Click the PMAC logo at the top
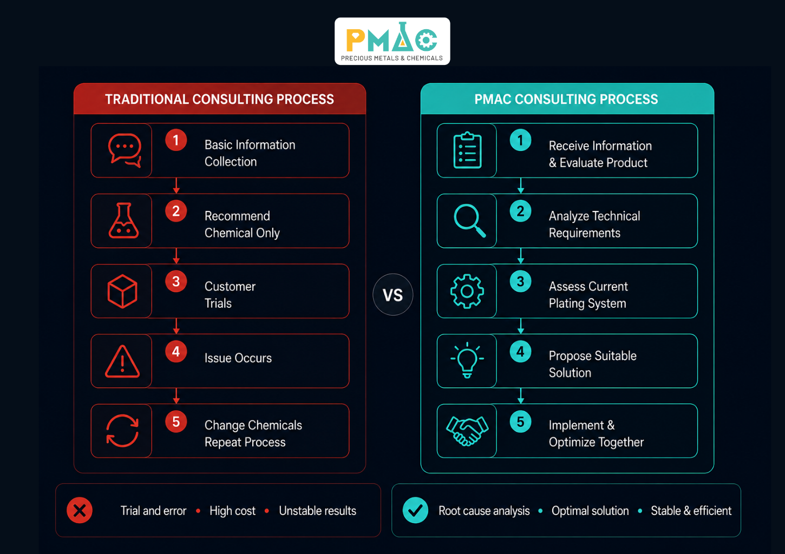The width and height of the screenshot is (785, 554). tap(392, 41)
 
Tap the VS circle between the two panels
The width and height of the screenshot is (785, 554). tap(393, 294)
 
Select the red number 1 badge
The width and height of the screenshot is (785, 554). tap(176, 141)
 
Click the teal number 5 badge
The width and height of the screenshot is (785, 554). tap(520, 421)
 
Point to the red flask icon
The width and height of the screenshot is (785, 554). tap(123, 221)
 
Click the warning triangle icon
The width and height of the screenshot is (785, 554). tap(122, 361)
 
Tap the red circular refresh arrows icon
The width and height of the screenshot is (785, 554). tap(122, 431)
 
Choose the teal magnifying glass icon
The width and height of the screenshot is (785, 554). tap(469, 221)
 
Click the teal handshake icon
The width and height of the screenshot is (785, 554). tap(467, 431)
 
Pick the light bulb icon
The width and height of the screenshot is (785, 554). tap(467, 360)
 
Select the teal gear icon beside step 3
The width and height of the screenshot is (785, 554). tap(467, 292)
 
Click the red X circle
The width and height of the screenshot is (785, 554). tap(80, 510)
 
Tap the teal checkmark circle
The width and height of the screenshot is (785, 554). tap(415, 510)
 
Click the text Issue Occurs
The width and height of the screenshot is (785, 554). tap(238, 358)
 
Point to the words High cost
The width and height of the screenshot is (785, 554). tap(232, 511)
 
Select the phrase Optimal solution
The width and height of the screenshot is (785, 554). tap(590, 511)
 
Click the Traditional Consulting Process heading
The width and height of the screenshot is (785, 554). tap(219, 99)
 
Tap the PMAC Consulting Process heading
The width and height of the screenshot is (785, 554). tap(566, 99)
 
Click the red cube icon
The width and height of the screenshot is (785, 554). tap(122, 292)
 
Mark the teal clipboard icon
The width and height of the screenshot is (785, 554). tap(468, 150)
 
